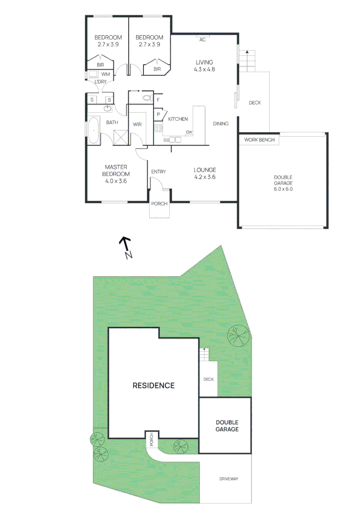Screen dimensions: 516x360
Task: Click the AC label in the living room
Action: point(202,40)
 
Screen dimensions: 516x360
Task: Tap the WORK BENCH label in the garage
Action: point(259,140)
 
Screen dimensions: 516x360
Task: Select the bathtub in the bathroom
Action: point(93,130)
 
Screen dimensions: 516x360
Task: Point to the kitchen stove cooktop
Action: point(158,128)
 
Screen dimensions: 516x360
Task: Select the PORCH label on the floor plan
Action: point(159,204)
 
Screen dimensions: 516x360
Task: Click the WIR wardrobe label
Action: point(137,124)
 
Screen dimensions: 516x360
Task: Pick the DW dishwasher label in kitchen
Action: point(189,132)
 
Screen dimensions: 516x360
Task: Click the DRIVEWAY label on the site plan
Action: point(229,479)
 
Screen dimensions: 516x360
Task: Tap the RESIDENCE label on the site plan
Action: point(153,386)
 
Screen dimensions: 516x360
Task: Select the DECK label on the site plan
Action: point(208,379)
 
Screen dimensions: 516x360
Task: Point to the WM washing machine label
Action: point(106,75)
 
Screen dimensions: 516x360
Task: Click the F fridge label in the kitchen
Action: point(158,101)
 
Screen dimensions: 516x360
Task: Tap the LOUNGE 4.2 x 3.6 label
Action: point(205,173)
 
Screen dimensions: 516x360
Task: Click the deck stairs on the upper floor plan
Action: point(248,60)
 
